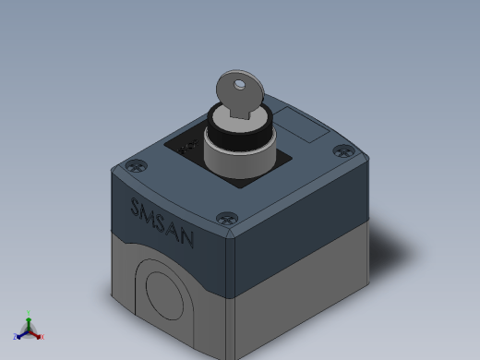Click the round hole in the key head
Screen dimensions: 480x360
[239, 85]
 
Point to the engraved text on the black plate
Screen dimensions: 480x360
[187, 147]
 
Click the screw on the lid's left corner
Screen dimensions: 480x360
[137, 166]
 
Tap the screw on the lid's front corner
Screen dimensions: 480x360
[227, 219]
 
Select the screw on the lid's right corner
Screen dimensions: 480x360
[344, 151]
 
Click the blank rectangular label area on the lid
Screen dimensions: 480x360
[302, 125]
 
